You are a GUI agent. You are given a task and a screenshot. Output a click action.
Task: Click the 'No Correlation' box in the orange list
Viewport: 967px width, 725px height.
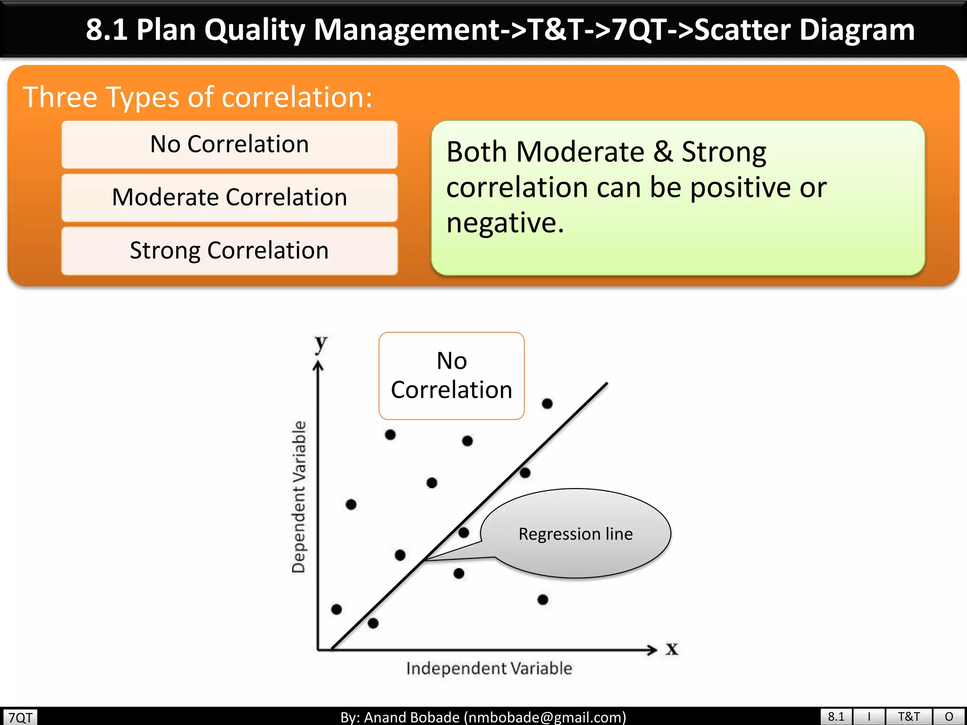(x=229, y=144)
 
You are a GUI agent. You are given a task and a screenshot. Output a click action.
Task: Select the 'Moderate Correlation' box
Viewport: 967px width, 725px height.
(x=229, y=197)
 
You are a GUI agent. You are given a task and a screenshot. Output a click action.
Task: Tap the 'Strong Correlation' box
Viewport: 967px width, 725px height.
(x=229, y=251)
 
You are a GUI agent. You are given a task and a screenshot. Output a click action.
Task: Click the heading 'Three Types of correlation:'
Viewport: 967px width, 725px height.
(x=197, y=97)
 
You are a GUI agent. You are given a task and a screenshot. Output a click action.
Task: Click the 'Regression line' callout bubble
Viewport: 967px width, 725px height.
(x=575, y=534)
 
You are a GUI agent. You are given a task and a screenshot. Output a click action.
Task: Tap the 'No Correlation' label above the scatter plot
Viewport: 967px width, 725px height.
(x=451, y=375)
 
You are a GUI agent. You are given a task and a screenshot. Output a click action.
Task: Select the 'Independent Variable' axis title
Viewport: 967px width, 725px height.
(x=489, y=668)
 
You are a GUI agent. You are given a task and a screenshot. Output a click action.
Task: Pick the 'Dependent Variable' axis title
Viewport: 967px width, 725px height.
(x=299, y=497)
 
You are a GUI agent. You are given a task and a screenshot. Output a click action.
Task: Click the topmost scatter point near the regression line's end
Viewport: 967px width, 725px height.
(x=547, y=404)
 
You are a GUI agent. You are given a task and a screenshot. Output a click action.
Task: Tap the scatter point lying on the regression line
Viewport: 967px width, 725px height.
(x=525, y=472)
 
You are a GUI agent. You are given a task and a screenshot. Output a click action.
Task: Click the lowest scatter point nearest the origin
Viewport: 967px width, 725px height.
(x=373, y=623)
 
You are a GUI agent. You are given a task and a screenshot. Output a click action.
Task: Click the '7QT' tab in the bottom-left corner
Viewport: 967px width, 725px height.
(x=20, y=717)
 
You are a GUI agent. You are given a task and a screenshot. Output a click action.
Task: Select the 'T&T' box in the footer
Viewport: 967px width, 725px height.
(x=908, y=717)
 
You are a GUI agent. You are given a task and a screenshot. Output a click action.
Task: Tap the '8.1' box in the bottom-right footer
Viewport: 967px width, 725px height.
(x=836, y=717)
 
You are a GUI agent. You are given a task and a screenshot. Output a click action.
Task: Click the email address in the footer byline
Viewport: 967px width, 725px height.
(x=545, y=717)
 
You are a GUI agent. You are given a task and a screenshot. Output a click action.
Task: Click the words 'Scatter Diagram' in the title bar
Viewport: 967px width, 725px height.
(x=804, y=29)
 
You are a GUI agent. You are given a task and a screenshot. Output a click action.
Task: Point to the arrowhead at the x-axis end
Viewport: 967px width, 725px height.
(x=653, y=650)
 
